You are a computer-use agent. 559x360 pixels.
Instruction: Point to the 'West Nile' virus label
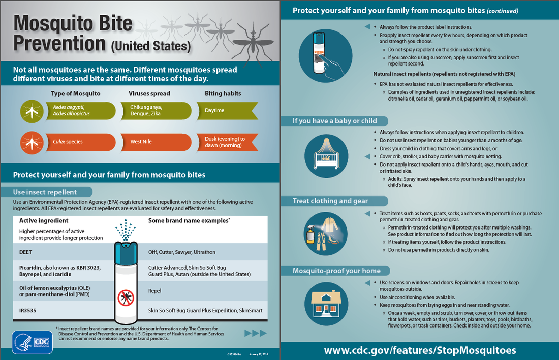[x=141, y=142]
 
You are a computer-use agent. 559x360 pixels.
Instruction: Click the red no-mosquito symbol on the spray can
[x=125, y=298]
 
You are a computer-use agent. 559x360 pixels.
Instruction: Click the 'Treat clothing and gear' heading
[x=330, y=201]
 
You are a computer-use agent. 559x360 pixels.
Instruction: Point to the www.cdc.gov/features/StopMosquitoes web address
[x=420, y=350]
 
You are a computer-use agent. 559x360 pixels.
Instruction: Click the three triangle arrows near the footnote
[x=256, y=333]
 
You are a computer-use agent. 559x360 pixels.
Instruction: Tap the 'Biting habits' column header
[x=223, y=93]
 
